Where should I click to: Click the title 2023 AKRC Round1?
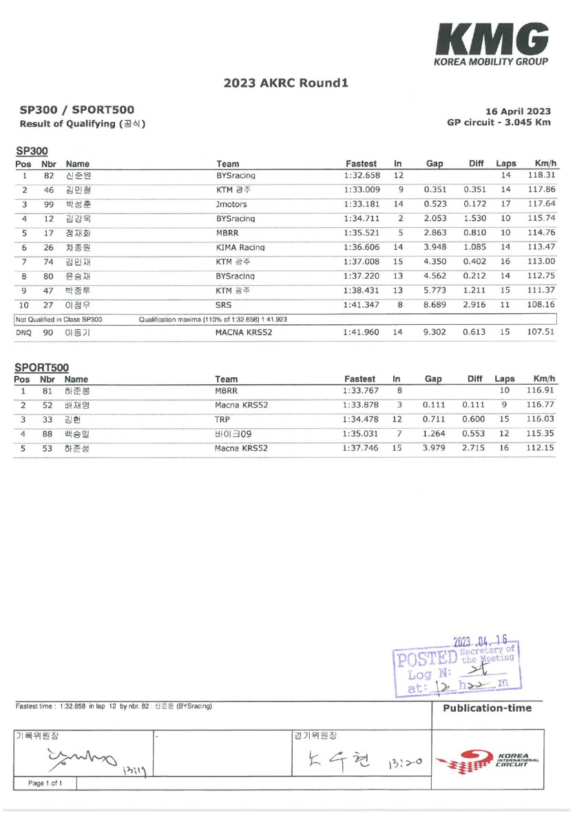coord(286,83)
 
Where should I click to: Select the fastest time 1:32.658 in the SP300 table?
coord(361,176)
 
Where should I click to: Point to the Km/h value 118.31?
coord(541,176)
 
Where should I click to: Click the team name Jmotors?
coord(231,204)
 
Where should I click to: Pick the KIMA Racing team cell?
coord(240,247)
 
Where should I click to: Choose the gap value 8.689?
coord(435,304)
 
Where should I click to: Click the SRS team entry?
coord(224,304)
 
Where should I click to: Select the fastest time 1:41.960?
coord(361,332)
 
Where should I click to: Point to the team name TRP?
coord(222,419)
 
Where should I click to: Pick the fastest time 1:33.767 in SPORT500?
coord(361,390)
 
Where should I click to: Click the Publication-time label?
coord(487,708)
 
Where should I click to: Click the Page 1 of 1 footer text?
coord(45,783)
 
